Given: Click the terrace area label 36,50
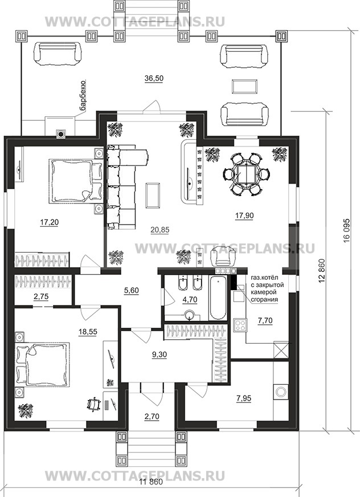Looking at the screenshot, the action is pos(154,78).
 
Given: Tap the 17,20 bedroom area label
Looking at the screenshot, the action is pos(50,222).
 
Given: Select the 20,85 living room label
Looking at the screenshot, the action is pos(159,230).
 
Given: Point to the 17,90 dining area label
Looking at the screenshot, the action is pos(244,215).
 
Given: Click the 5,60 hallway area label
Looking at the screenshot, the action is pos(132,290).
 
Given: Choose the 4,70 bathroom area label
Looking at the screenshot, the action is pos(190,299).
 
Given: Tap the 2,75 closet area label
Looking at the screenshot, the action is pos(41,297).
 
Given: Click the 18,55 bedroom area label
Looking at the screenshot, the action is pos(88,332).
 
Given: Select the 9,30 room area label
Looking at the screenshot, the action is pos(159,355).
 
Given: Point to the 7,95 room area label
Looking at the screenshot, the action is pos(244,398).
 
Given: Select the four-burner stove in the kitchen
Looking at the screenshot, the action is pos(240,325).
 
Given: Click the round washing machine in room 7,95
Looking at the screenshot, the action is pos(281,392).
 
